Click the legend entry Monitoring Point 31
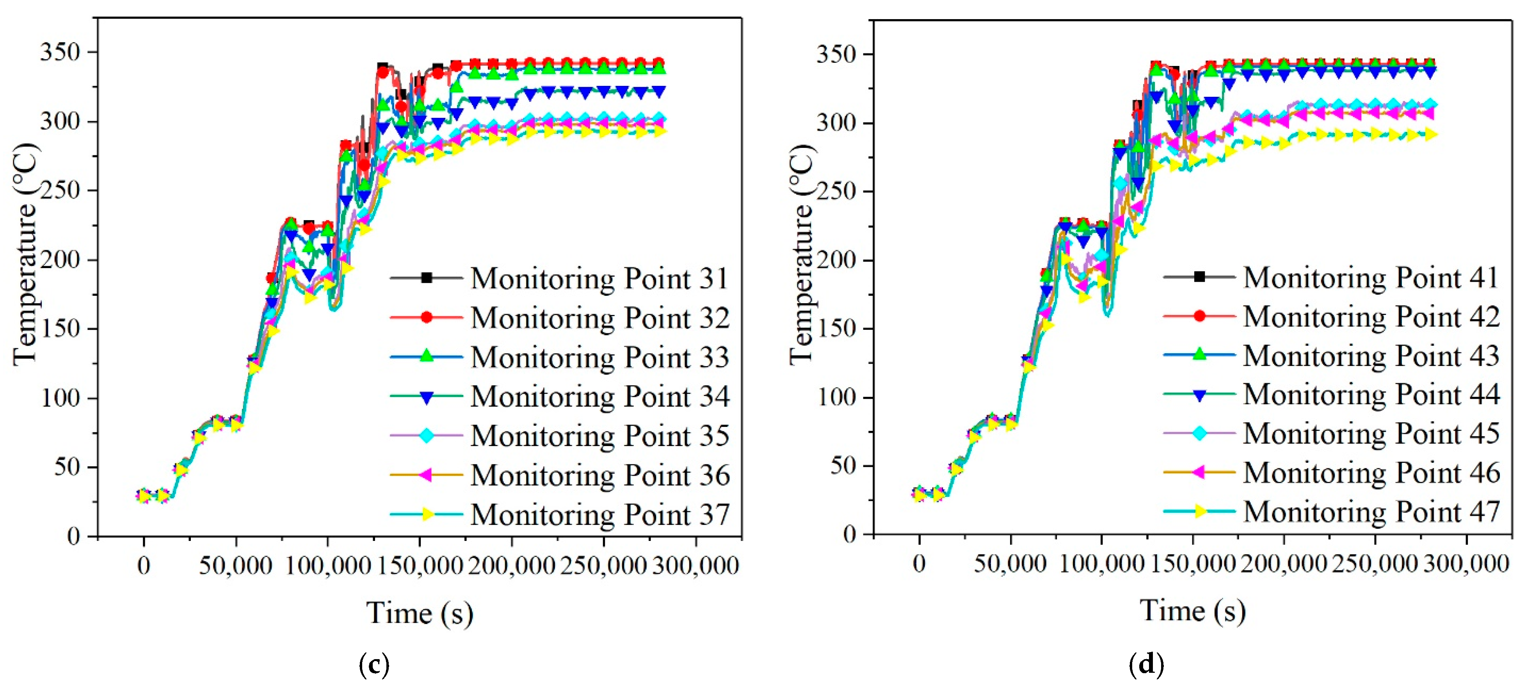coord(599,278)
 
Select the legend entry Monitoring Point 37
coord(599,514)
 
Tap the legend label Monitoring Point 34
coord(599,396)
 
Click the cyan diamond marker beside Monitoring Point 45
coord(1199,434)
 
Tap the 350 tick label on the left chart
coord(60,52)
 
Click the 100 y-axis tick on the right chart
coord(836,397)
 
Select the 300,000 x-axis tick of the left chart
coord(695,566)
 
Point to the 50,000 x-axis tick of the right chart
coord(1010,564)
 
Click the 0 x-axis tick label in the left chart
coord(143,566)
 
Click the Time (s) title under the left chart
coord(420,613)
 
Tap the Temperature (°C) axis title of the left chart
coord(25,254)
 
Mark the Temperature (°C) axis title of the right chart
coord(802,254)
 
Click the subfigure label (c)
coord(374,665)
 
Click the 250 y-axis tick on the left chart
coord(60,191)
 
